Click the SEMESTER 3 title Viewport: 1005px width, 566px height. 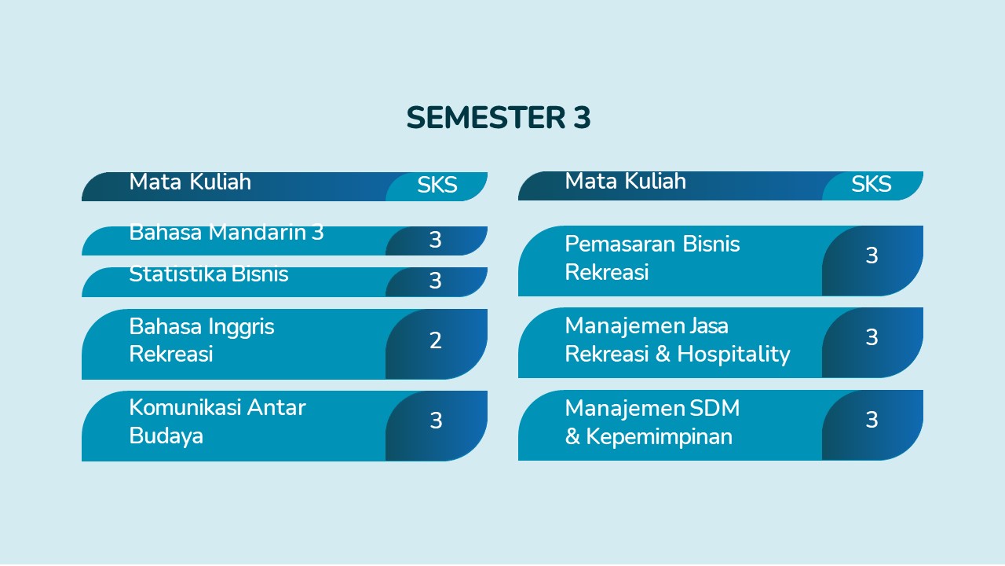tap(499, 118)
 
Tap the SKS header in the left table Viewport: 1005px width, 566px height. tap(437, 185)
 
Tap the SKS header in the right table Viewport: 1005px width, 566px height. tap(872, 184)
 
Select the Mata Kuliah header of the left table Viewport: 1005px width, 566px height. tap(190, 182)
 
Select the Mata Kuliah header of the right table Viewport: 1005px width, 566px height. tap(626, 181)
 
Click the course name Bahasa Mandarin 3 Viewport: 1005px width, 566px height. tap(226, 233)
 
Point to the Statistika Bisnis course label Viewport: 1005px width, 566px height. tap(209, 274)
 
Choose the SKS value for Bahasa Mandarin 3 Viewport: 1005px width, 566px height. tap(435, 240)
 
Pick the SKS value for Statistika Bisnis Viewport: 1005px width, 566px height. tap(435, 281)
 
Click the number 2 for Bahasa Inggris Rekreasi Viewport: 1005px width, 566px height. tap(435, 340)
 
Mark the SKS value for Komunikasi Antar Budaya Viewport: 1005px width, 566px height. tap(436, 421)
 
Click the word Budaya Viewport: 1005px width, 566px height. tap(166, 436)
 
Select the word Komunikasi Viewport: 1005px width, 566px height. tap(185, 407)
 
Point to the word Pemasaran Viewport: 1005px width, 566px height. tap(620, 244)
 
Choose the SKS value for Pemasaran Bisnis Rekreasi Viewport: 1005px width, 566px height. tap(872, 255)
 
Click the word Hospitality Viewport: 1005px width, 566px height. tap(733, 355)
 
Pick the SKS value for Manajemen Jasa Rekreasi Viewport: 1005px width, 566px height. tap(872, 337)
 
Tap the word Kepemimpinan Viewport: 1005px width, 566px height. tap(659, 437)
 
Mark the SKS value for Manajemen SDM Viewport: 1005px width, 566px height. tap(872, 420)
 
